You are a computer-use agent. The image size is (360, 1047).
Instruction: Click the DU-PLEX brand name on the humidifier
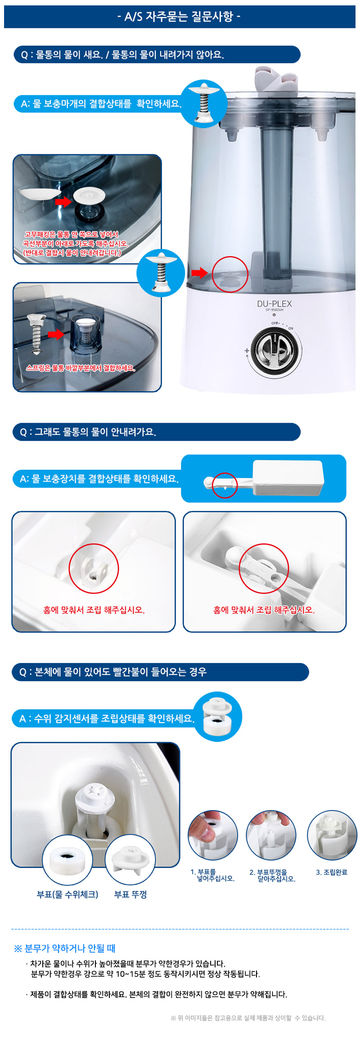click(274, 304)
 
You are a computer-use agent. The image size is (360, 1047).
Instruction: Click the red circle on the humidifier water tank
click(230, 274)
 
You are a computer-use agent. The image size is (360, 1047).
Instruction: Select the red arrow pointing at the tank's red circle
click(199, 272)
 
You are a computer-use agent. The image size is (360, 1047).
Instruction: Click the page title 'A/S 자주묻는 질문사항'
click(179, 17)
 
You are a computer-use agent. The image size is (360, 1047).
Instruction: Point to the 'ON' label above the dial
click(291, 329)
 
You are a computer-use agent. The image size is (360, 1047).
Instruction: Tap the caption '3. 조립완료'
click(332, 872)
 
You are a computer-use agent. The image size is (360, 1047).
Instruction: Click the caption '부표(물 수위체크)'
click(67, 894)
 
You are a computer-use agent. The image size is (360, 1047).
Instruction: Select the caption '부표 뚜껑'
click(130, 894)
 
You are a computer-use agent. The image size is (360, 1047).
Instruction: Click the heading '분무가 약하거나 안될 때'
click(65, 948)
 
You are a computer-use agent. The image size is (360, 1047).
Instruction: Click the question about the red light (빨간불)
click(113, 672)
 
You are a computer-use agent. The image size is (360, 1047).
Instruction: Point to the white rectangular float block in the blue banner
click(288, 477)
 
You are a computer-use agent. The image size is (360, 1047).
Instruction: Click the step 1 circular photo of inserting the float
click(213, 835)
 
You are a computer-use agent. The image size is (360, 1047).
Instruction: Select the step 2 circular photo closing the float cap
click(271, 835)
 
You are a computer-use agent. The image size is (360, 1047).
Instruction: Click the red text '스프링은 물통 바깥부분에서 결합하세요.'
click(81, 368)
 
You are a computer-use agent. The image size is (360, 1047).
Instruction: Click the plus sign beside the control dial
click(247, 350)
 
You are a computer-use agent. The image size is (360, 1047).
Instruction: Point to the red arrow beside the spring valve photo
click(56, 334)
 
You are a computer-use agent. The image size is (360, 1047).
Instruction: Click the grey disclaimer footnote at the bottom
click(248, 1018)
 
